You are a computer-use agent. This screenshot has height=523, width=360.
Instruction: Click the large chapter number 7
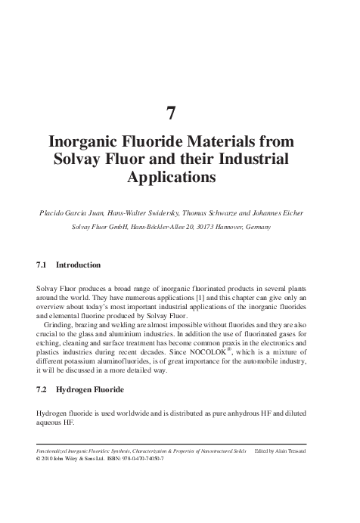(171, 113)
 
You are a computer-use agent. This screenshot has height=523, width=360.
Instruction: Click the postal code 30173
(198, 226)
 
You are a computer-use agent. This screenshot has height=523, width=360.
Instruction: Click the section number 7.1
(42, 265)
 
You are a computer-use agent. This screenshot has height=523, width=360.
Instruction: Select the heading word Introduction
(78, 265)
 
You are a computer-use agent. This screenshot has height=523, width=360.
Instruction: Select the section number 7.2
(42, 390)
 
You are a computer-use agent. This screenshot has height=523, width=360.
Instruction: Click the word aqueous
(51, 423)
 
